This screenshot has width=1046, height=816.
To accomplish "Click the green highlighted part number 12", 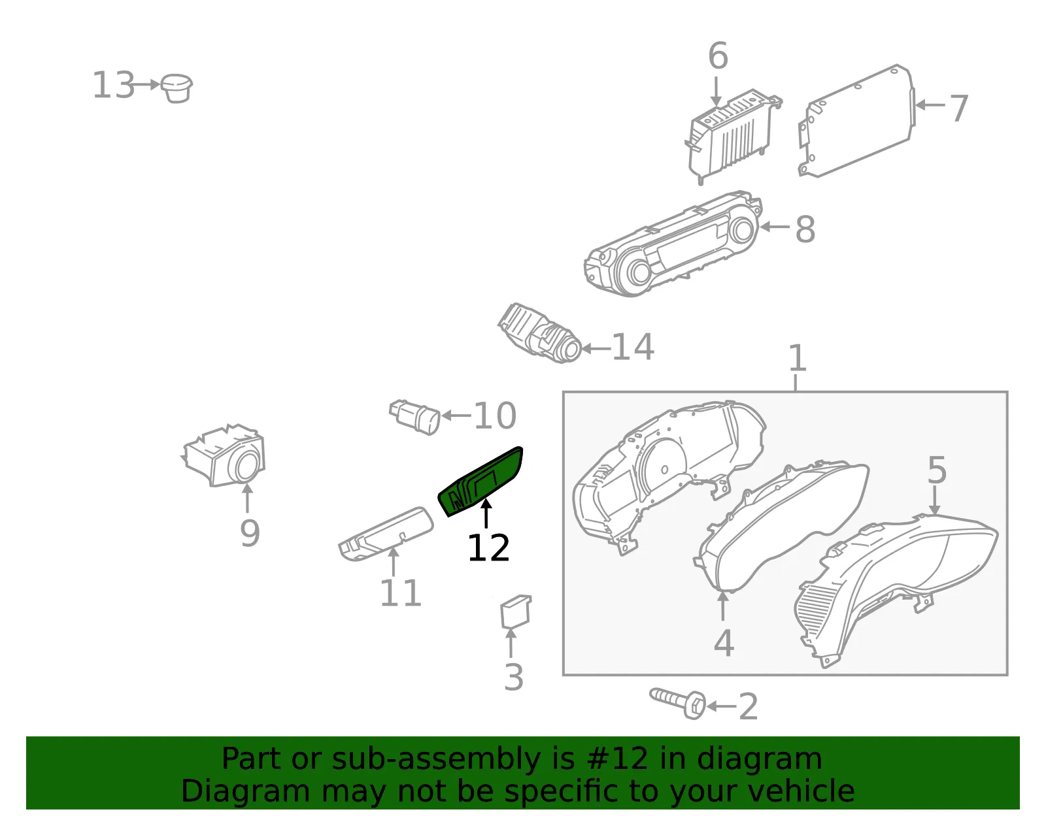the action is pyautogui.click(x=481, y=481).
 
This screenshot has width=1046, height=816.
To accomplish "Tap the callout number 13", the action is pyautogui.click(x=114, y=85).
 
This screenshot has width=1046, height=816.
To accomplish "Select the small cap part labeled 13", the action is pyautogui.click(x=177, y=88).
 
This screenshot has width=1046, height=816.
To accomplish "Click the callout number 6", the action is pyautogui.click(x=718, y=56).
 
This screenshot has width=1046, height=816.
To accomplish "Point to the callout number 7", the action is pyautogui.click(x=958, y=108).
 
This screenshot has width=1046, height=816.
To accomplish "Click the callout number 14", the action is pyautogui.click(x=633, y=347).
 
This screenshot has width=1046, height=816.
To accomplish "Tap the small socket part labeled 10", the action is pyautogui.click(x=415, y=417).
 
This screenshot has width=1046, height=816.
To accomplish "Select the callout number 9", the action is pyautogui.click(x=250, y=533).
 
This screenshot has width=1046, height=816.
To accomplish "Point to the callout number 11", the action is pyautogui.click(x=401, y=593).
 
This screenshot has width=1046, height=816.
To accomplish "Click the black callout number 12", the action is pyautogui.click(x=488, y=547).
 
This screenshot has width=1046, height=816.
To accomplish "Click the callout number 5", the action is pyautogui.click(x=937, y=470).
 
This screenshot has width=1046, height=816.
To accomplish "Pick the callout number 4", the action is pyautogui.click(x=724, y=643).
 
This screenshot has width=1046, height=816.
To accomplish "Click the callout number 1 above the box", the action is pyautogui.click(x=798, y=358).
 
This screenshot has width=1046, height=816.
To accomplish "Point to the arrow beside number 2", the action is pyautogui.click(x=721, y=706).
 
